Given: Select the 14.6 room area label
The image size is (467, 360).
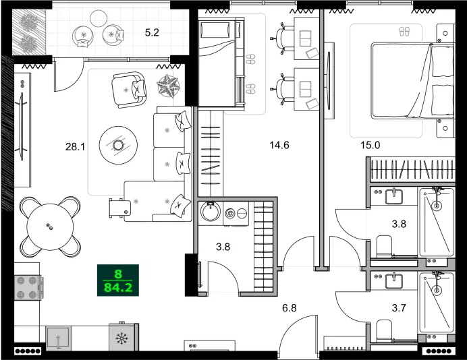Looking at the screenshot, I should pyautogui.click(x=279, y=144).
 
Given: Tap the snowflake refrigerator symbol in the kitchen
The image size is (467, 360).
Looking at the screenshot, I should pyautogui.click(x=123, y=337).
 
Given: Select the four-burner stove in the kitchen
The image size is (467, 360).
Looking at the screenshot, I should pyautogui.click(x=28, y=291).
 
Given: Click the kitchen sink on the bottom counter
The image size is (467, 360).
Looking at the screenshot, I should pyautogui.click(x=59, y=336).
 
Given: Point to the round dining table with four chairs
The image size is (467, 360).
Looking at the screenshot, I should pyautogui.click(x=47, y=227).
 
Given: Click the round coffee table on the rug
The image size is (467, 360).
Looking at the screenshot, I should pyautogui.click(x=118, y=145).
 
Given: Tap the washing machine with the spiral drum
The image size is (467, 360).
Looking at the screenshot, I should pyautogui.click(x=231, y=213).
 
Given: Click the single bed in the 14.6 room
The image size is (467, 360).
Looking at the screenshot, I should pyautogui.click(x=219, y=61).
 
